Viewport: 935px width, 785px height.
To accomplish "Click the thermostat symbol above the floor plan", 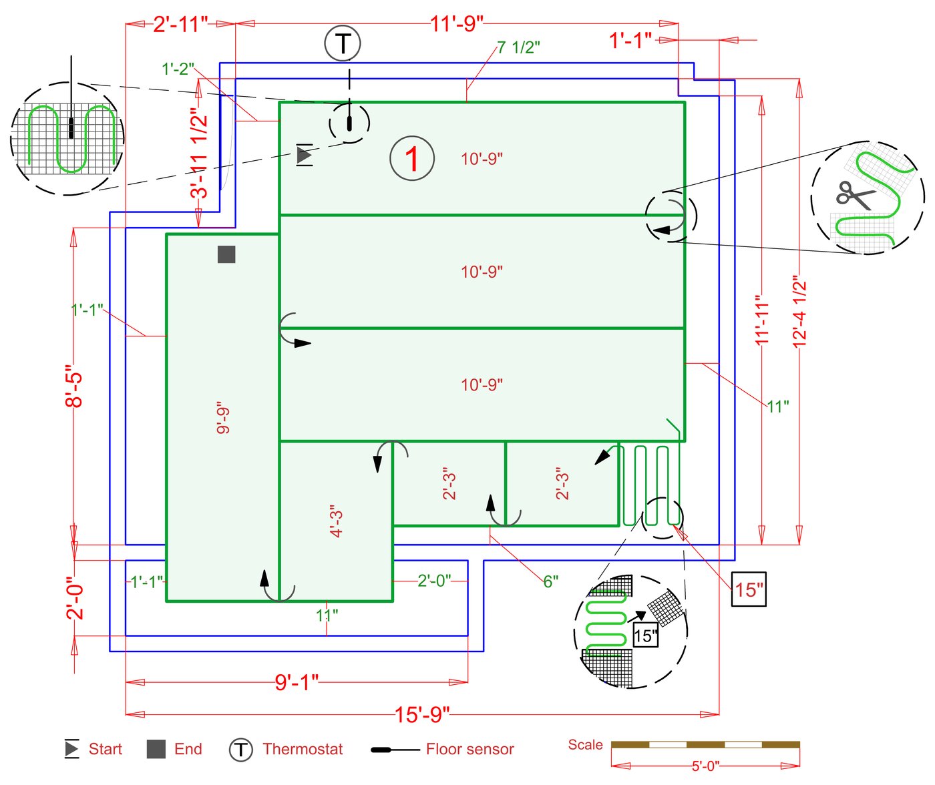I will [343, 43].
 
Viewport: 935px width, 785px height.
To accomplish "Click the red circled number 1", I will [412, 159].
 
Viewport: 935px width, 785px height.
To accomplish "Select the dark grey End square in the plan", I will [226, 254].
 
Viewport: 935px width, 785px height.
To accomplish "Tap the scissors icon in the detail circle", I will [854, 195].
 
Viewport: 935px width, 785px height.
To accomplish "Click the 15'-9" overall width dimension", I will [422, 714].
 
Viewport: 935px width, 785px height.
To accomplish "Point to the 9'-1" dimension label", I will [297, 682].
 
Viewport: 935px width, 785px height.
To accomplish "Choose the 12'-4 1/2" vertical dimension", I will [799, 311].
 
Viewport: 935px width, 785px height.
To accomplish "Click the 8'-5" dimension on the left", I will [74, 386].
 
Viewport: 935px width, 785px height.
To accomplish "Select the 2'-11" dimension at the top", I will [180, 25].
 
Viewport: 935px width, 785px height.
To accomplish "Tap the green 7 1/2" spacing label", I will [518, 47].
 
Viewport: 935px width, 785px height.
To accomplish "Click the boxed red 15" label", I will [749, 589].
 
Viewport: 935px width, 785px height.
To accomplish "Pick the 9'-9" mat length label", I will [223, 417].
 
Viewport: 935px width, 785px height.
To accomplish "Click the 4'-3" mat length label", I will [337, 521].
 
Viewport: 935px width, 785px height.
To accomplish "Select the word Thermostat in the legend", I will [303, 749].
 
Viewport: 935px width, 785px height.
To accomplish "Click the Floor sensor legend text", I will [470, 749].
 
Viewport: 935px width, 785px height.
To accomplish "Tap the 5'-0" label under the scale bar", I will [705, 766].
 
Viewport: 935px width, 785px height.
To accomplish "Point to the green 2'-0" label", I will [434, 581].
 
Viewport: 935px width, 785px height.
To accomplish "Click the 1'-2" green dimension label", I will [178, 69].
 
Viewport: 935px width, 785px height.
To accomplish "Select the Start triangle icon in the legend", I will [71, 749].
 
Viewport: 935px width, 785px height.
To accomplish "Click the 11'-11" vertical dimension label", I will [762, 320].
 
